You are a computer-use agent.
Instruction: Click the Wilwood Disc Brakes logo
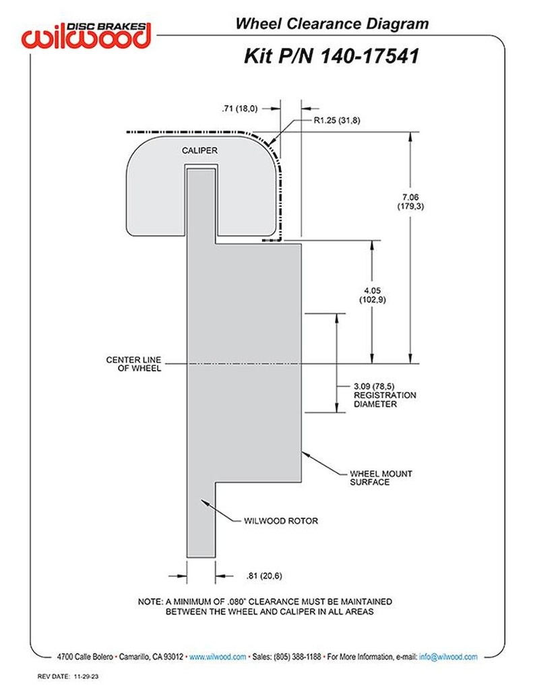pyautogui.click(x=86, y=34)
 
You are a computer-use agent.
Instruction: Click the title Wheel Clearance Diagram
pyautogui.click(x=332, y=24)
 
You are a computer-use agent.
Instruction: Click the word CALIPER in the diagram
pyautogui.click(x=199, y=150)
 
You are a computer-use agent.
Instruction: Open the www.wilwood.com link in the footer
pyautogui.click(x=218, y=656)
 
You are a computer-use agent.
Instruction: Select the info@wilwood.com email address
pyautogui.click(x=448, y=656)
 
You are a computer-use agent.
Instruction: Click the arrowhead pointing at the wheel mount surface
pyautogui.click(x=305, y=455)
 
